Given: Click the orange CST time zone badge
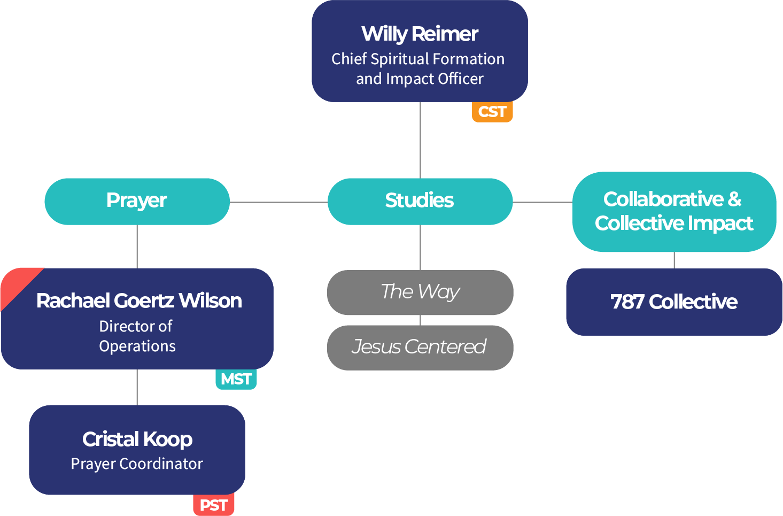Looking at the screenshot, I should pos(492,112).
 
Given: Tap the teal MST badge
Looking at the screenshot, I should pos(236,379).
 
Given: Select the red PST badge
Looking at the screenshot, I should pos(213,505).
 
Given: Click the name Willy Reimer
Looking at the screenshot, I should pos(420,34).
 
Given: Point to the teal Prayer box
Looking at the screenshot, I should pos(137,201).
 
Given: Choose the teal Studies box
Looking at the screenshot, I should pos(420,201).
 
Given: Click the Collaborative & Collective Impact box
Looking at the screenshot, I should pos(673,211).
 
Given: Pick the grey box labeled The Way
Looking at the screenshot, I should pos(420,292).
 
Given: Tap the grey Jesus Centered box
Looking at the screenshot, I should pos(420,347).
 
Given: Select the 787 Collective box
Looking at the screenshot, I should pos(673,302).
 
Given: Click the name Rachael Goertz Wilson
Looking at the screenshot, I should pos(139,301).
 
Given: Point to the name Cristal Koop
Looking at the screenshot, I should pos(137,439).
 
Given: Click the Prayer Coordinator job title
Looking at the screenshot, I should pos(137,464).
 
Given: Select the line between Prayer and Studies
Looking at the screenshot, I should pos(278,202).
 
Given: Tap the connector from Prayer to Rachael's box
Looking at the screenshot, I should pos(137,246).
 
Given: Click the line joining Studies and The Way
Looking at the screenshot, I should pos(420,247).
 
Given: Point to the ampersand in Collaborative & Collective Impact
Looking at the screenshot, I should pos(735,199).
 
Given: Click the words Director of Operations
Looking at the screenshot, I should pos(137,336).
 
